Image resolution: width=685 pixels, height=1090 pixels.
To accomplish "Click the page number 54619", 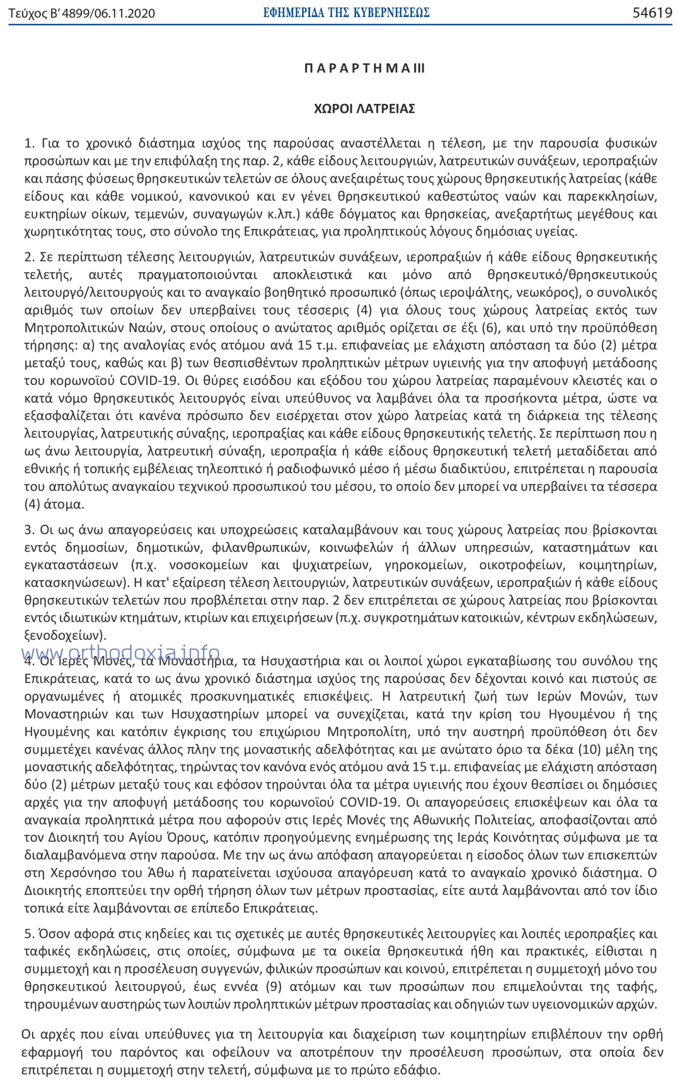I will click(x=652, y=13).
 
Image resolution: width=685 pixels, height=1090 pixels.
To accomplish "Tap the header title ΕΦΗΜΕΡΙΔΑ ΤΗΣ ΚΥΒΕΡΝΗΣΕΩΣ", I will click(x=347, y=13).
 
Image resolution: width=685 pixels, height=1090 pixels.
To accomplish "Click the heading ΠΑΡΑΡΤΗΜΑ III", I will click(x=364, y=69).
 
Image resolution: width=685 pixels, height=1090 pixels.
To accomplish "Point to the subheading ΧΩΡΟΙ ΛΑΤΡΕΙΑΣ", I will click(x=364, y=109).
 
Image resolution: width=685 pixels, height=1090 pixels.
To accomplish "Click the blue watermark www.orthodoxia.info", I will click(x=120, y=652).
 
